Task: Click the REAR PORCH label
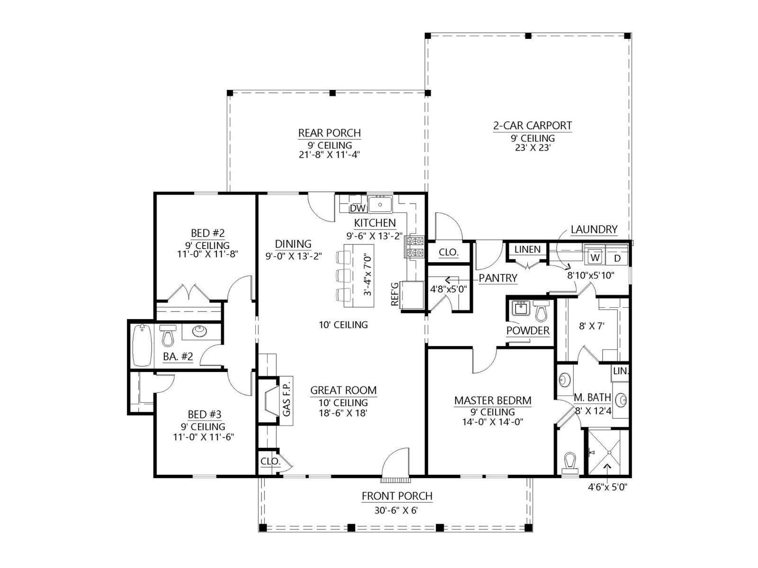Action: (329, 133)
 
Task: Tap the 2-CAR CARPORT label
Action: (532, 125)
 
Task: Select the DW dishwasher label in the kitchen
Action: (358, 208)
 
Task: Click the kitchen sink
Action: (380, 204)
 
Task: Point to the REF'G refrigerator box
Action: (412, 295)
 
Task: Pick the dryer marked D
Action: (617, 257)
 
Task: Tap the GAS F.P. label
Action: (287, 401)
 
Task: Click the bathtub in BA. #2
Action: (142, 345)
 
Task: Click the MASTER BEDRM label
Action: (493, 400)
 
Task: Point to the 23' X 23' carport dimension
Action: (532, 148)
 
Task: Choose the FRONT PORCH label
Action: (397, 496)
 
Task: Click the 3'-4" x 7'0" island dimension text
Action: (368, 275)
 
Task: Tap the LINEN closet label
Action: (527, 249)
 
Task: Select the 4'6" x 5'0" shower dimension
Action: (607, 487)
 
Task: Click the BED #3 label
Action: (205, 414)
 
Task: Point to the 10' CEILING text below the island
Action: (343, 325)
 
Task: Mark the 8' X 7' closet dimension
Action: (592, 326)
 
